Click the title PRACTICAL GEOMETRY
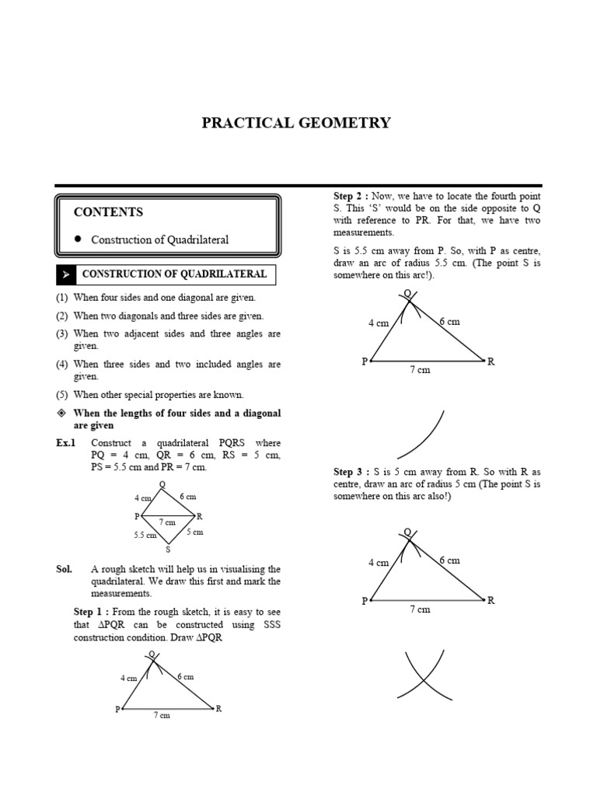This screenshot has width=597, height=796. tap(296, 123)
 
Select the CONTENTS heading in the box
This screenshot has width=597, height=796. tap(108, 212)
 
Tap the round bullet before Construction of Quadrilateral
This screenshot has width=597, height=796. tap(79, 239)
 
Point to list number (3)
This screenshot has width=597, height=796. tap(62, 333)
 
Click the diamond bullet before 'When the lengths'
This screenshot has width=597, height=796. tap(62, 413)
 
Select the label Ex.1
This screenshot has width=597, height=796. tap(65, 443)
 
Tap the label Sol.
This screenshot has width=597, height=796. tap(64, 569)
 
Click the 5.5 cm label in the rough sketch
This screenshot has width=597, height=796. tap(145, 535)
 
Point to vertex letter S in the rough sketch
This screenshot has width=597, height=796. tap(168, 550)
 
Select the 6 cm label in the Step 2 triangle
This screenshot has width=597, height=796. tap(449, 321)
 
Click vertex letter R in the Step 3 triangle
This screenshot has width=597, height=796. tap(491, 600)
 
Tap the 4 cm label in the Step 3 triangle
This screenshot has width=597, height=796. tap(378, 563)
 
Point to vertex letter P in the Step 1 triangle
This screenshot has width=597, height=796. tap(117, 709)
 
